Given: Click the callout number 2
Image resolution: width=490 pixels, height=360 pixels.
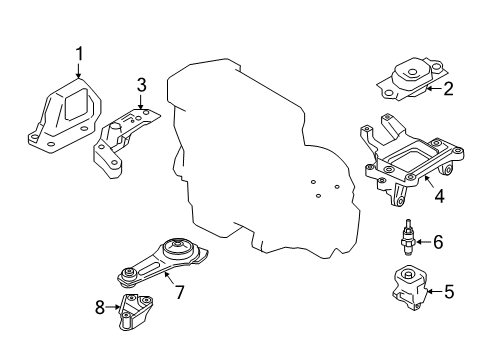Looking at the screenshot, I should (x=449, y=90).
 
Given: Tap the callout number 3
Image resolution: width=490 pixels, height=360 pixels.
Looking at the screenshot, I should (x=141, y=86).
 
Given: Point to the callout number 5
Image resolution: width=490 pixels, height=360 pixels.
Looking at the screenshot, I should (x=448, y=293).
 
